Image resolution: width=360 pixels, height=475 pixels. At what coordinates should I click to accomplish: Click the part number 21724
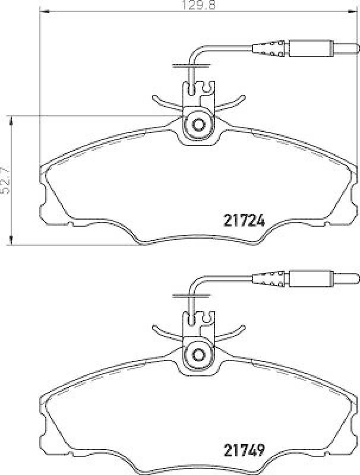tap(244, 220)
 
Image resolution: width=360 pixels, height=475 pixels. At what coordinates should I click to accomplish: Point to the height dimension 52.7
tap(5, 180)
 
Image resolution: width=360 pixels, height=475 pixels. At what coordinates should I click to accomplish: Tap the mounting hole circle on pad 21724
tap(198, 125)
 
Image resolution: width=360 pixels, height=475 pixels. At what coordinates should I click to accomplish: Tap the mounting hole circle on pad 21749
tap(198, 355)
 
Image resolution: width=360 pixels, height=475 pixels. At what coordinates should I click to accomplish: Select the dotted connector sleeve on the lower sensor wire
tap(270, 277)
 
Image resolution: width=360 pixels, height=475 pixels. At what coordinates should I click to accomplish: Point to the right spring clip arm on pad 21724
tap(231, 103)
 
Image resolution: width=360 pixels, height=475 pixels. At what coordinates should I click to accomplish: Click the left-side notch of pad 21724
tap(45, 202)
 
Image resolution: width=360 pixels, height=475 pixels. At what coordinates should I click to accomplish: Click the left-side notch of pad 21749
tap(45, 432)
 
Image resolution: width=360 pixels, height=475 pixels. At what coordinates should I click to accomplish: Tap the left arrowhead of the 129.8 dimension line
tap(43, 12)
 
